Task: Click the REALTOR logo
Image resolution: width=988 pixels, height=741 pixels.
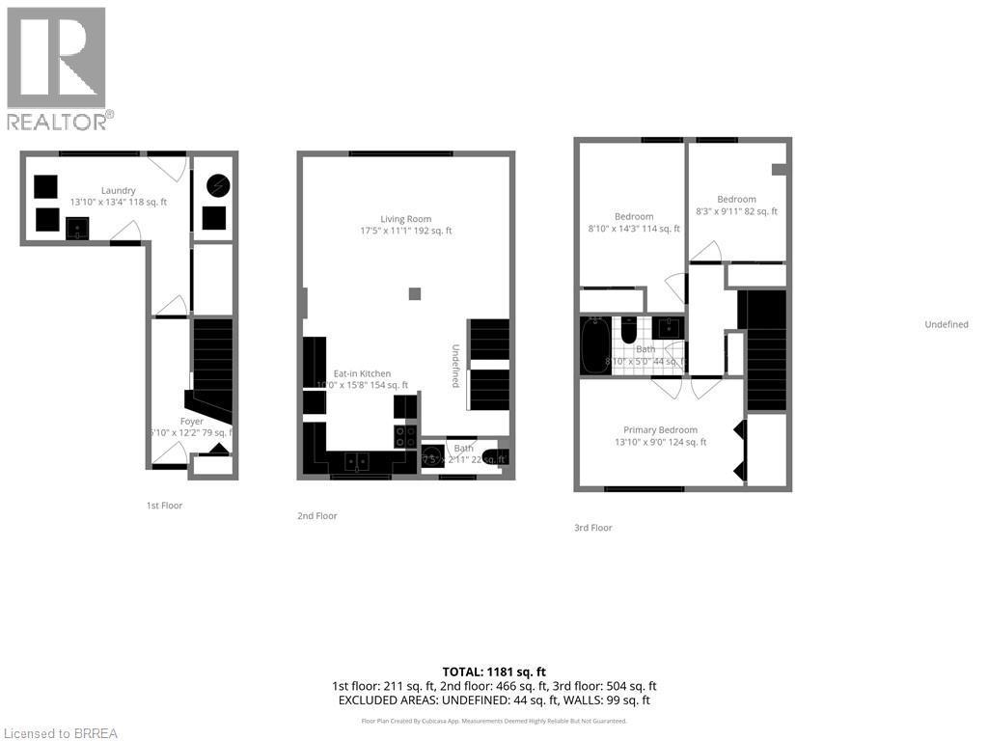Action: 57,68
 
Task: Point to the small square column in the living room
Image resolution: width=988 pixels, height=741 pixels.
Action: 414,293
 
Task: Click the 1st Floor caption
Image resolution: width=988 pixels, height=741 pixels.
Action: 164,506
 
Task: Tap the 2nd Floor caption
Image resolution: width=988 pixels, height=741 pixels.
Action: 317,516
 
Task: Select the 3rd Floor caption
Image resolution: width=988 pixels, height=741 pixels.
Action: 592,528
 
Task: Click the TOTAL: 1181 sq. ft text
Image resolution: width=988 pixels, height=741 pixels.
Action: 493,672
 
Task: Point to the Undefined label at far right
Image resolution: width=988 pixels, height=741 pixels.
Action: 946,324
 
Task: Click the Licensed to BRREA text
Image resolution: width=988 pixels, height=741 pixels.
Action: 60,733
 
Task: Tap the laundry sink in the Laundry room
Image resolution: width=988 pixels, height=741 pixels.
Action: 78,228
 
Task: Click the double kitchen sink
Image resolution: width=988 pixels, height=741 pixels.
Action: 357,463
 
